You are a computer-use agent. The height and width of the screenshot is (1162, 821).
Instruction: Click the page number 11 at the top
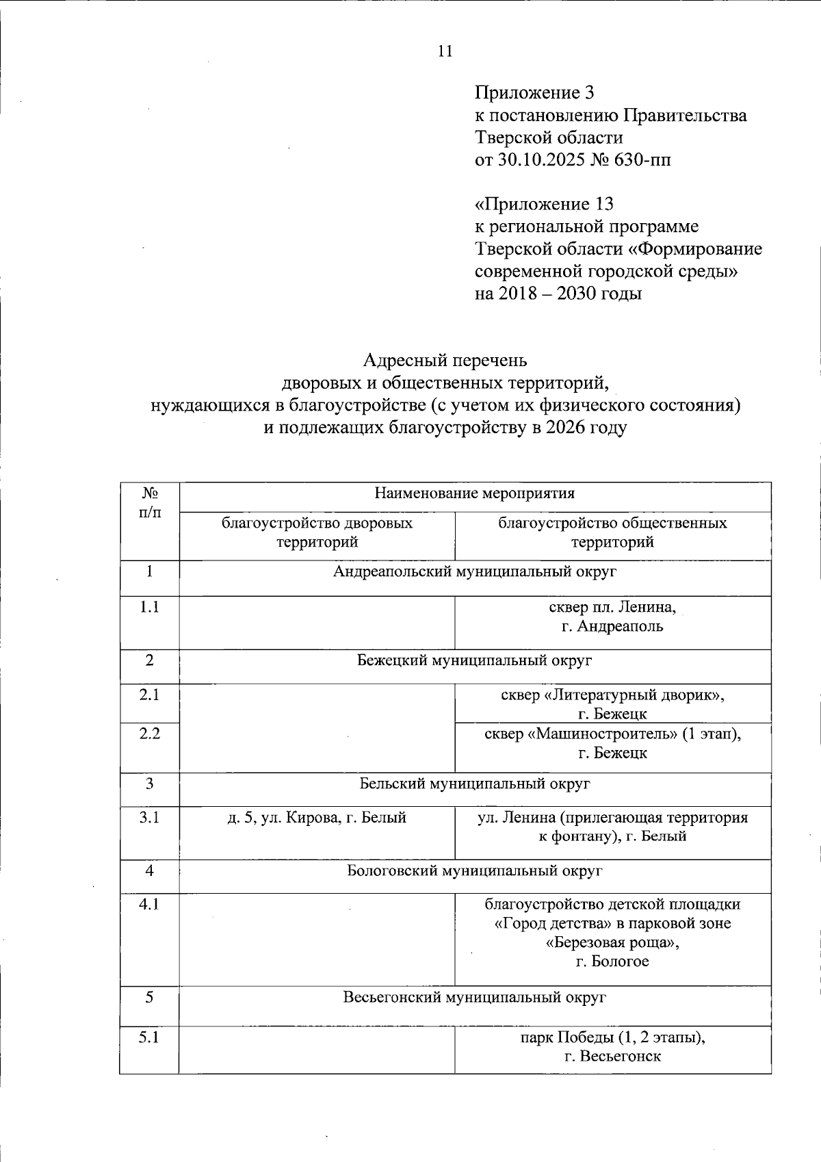(445, 51)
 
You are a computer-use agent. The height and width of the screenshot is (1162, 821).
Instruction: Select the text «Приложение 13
(544, 204)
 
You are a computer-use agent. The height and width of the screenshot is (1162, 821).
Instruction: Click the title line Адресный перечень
(445, 360)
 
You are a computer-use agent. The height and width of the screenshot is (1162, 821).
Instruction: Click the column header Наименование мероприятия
(475, 493)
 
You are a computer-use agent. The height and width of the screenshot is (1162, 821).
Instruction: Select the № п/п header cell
(150, 503)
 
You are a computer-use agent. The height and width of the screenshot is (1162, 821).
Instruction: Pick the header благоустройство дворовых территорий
(317, 533)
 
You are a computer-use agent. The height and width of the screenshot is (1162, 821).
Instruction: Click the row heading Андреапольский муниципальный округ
(475, 571)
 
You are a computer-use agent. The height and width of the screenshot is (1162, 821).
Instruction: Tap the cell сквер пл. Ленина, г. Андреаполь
(612, 617)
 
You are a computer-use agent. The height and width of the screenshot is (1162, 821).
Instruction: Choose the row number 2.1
(149, 695)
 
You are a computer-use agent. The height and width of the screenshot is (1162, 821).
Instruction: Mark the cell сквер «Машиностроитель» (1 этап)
(612, 743)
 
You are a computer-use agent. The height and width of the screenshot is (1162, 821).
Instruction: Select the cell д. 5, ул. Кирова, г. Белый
(317, 818)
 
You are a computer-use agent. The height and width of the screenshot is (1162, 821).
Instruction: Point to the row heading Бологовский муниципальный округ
(475, 871)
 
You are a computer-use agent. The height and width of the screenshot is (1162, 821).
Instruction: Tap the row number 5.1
(149, 1037)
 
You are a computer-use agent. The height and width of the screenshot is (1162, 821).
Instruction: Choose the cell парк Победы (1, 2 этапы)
(612, 1046)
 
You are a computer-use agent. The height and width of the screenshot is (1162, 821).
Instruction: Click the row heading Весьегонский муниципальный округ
(475, 998)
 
